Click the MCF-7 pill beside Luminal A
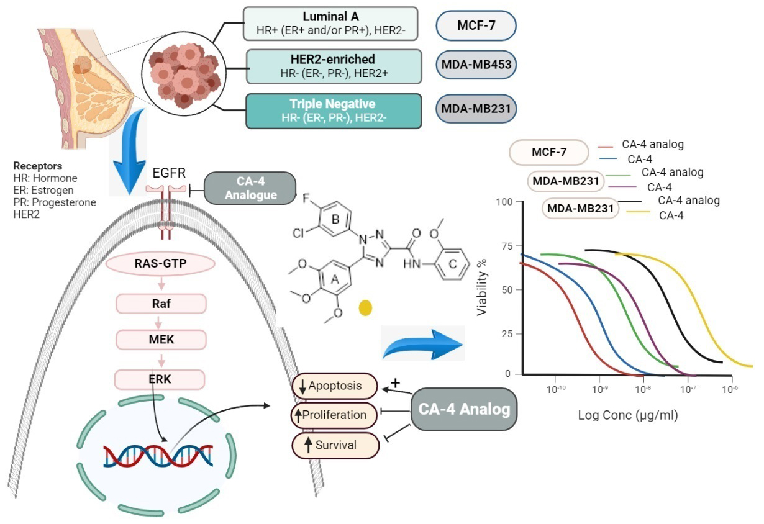(x=476, y=26)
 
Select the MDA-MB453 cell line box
(x=476, y=65)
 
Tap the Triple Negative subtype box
(x=334, y=111)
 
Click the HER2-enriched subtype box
(x=334, y=66)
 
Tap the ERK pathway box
(x=161, y=379)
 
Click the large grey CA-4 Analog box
(x=464, y=409)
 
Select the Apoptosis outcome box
(x=335, y=386)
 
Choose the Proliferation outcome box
(x=335, y=415)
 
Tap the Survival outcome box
(x=335, y=445)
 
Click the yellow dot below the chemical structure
(x=366, y=307)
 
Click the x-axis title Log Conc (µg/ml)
(x=628, y=415)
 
